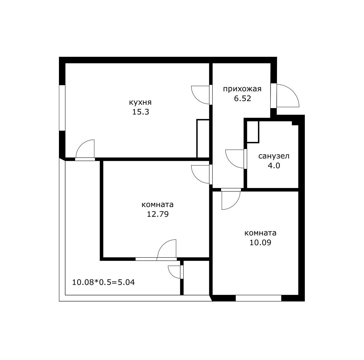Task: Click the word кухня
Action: click(x=140, y=102)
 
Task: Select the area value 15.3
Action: click(x=140, y=112)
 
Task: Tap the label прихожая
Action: click(x=242, y=89)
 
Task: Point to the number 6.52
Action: click(x=242, y=98)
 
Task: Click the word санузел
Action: click(x=274, y=156)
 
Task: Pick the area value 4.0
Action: click(x=274, y=166)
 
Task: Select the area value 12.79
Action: click(x=158, y=214)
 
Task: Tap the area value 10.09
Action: click(x=260, y=242)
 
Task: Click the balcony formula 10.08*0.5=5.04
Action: click(x=103, y=282)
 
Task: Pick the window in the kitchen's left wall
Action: click(x=62, y=108)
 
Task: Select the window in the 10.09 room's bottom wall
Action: click(x=258, y=298)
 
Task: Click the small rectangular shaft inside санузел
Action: click(x=253, y=131)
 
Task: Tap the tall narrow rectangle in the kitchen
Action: click(x=203, y=139)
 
